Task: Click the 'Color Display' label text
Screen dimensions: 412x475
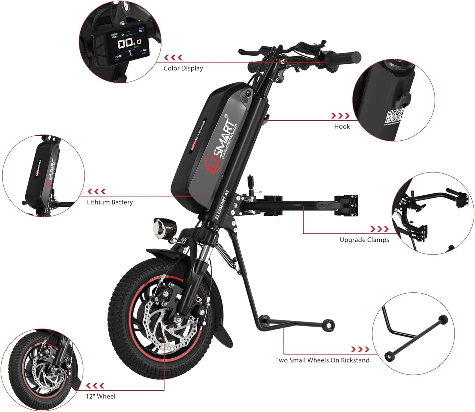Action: point(183,68)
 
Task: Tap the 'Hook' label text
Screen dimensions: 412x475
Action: point(342,126)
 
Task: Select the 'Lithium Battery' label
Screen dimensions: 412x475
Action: point(110,202)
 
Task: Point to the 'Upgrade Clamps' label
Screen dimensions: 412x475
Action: point(364,240)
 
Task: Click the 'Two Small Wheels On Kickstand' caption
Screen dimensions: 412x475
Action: point(322,360)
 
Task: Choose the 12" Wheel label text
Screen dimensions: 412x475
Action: point(101,397)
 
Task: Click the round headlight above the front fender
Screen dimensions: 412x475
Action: point(160,229)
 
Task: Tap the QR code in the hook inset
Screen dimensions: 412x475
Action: point(394,117)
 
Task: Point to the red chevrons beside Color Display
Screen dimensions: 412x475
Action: point(173,58)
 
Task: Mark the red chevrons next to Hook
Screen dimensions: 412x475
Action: point(340,116)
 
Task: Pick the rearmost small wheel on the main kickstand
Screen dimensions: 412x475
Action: point(329,325)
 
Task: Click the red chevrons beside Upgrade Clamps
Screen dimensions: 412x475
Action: point(380,229)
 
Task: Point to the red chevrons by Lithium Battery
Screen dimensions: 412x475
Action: point(97,192)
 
